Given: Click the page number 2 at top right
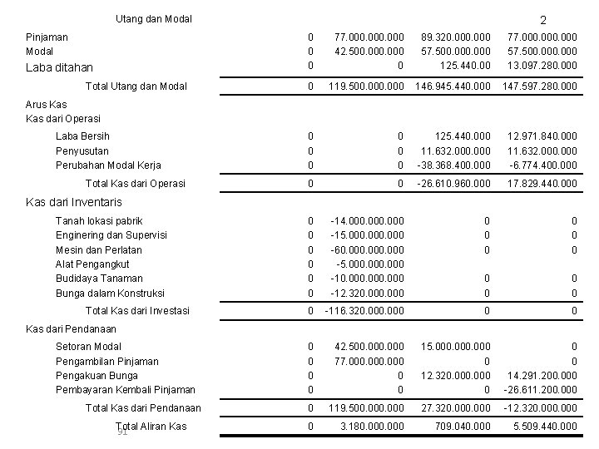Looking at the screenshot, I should [x=542, y=20].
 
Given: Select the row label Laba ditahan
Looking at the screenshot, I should [x=59, y=67].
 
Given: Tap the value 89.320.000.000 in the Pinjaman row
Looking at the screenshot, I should [x=455, y=37].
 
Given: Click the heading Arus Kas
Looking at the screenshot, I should [x=47, y=105].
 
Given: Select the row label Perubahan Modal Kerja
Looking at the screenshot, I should [x=108, y=165].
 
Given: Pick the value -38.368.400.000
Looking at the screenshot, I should [x=455, y=165].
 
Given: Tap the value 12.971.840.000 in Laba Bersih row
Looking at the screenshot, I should [x=542, y=136].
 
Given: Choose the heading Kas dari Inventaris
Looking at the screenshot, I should [x=74, y=202].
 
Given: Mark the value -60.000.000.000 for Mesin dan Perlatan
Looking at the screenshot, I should [x=367, y=249].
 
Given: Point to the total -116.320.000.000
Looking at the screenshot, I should [x=363, y=311].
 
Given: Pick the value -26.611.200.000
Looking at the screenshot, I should [x=540, y=389].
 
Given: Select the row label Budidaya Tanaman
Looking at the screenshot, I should [x=99, y=278].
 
